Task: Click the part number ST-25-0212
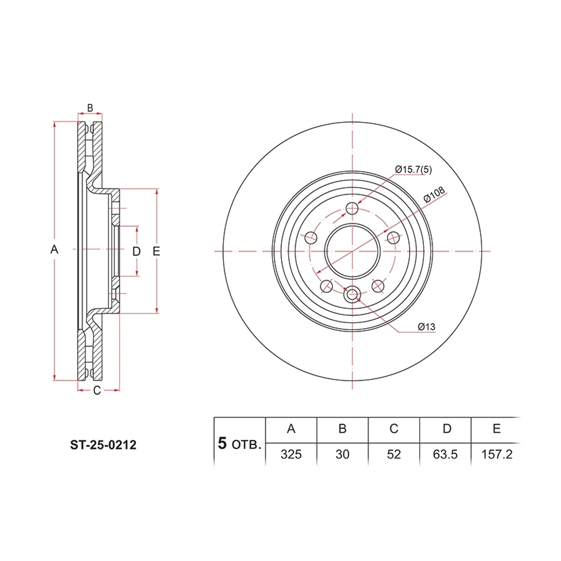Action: [x=103, y=445]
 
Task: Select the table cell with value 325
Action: [x=291, y=454]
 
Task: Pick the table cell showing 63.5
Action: [x=445, y=454]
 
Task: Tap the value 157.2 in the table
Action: [x=496, y=454]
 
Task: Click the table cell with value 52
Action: [x=394, y=454]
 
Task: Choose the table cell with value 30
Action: [x=342, y=454]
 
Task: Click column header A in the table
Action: [x=291, y=429]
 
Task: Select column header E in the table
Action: [x=496, y=429]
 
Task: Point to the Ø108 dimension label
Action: [x=434, y=194]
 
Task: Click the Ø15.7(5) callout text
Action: [x=413, y=169]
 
